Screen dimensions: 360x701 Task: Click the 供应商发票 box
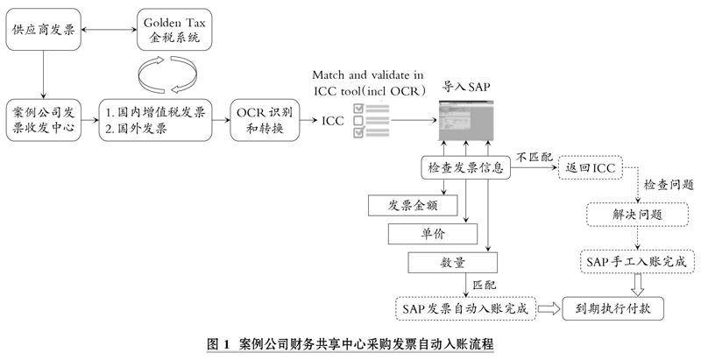tap(42, 29)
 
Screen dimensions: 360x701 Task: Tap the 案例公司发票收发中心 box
tap(42, 121)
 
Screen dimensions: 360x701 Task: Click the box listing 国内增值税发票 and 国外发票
tap(155, 121)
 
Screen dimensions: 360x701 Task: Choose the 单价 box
tap(432, 234)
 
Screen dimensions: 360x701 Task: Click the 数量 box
tap(452, 262)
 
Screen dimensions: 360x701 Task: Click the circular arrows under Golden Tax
tap(166, 73)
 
